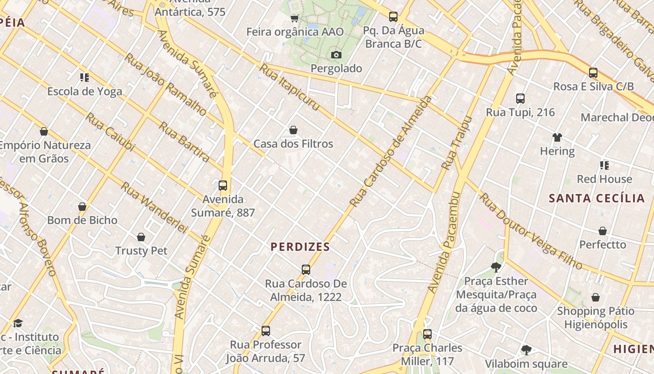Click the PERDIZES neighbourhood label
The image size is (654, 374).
[x=300, y=247]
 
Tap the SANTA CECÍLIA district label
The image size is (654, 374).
[x=597, y=198]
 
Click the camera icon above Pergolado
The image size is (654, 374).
[x=336, y=55]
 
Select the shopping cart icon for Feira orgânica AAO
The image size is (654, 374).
[x=294, y=18]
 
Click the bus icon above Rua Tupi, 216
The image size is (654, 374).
[x=520, y=99]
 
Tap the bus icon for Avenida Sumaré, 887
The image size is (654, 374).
[x=223, y=186]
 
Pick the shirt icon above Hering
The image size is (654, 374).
[x=557, y=137]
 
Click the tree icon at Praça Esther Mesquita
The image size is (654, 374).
[x=496, y=267]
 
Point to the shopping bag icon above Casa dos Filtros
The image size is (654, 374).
[x=293, y=130]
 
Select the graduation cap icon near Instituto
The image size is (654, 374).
[x=18, y=323]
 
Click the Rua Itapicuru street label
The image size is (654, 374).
[x=290, y=87]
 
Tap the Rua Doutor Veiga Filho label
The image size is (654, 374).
[x=530, y=231]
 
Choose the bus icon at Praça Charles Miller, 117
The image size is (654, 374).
[x=427, y=334]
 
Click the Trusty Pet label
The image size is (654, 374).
[x=141, y=251]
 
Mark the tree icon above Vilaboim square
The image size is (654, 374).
[x=526, y=350]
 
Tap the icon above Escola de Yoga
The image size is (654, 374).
[x=84, y=77]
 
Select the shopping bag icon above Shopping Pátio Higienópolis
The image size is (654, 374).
[x=596, y=297]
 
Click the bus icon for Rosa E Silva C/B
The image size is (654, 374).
[x=593, y=73]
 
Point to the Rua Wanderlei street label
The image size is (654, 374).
[x=154, y=208]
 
